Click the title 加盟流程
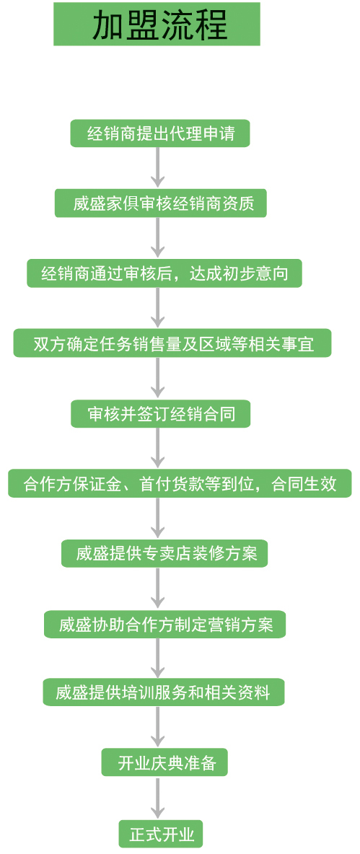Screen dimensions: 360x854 [x=157, y=24]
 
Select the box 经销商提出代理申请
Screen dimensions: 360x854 [x=160, y=133]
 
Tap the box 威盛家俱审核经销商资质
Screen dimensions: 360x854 [x=161, y=203]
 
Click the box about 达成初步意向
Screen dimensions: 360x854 [x=164, y=273]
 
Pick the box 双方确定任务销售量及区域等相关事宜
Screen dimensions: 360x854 [x=172, y=343]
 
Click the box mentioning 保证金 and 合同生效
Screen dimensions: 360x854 [x=180, y=483]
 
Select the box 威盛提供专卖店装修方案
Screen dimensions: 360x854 [x=165, y=553]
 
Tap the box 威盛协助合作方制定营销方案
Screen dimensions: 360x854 [x=165, y=624]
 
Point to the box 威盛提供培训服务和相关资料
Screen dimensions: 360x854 [x=164, y=692]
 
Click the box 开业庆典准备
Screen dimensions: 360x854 [x=164, y=762]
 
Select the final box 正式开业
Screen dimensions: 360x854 [x=161, y=833]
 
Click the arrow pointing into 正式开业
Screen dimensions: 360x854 [x=157, y=797]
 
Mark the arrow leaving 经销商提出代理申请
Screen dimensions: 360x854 [x=157, y=167]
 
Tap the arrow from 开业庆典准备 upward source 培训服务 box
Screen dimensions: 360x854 [x=157, y=727]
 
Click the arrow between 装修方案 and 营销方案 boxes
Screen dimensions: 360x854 [x=157, y=589]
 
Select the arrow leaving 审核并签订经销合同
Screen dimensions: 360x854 [x=157, y=448]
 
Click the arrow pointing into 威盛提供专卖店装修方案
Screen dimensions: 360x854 [x=157, y=518]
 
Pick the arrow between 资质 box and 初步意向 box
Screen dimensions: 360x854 [x=157, y=237]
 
